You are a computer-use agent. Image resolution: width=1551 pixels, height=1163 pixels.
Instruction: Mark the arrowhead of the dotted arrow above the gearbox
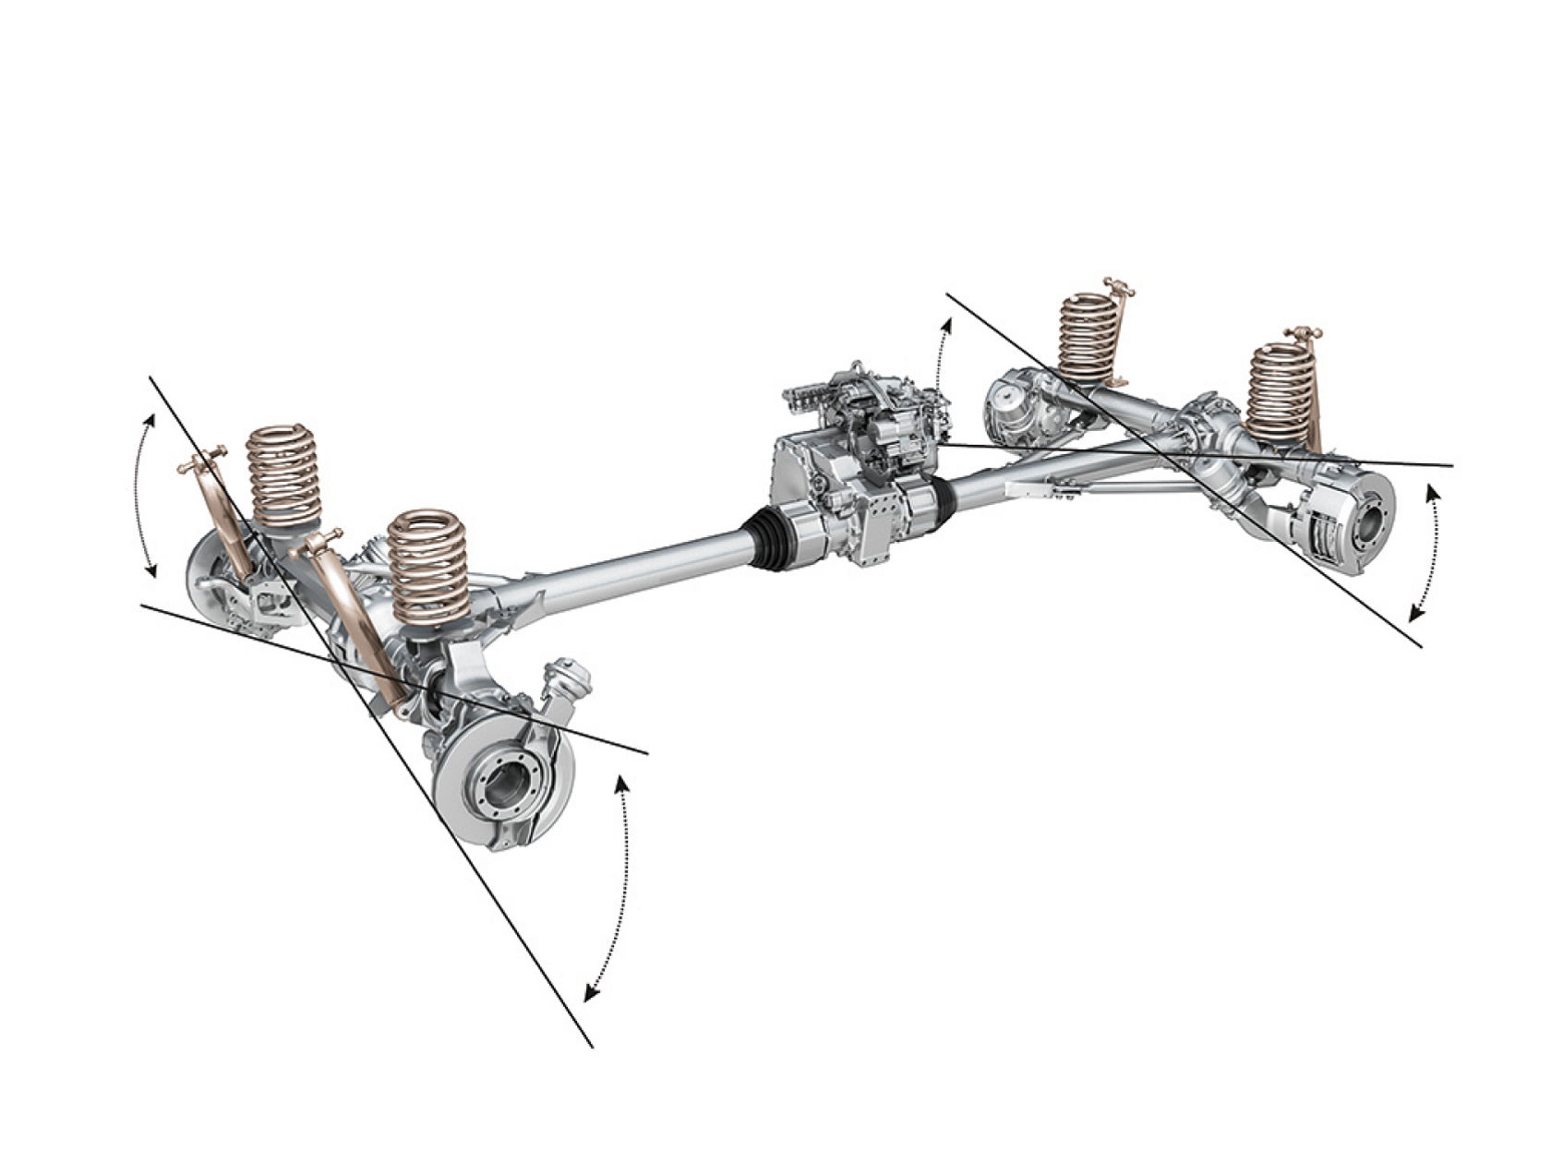tap(946, 324)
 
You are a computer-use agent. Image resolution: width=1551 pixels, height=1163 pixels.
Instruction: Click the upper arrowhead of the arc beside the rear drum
tap(1432, 491)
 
